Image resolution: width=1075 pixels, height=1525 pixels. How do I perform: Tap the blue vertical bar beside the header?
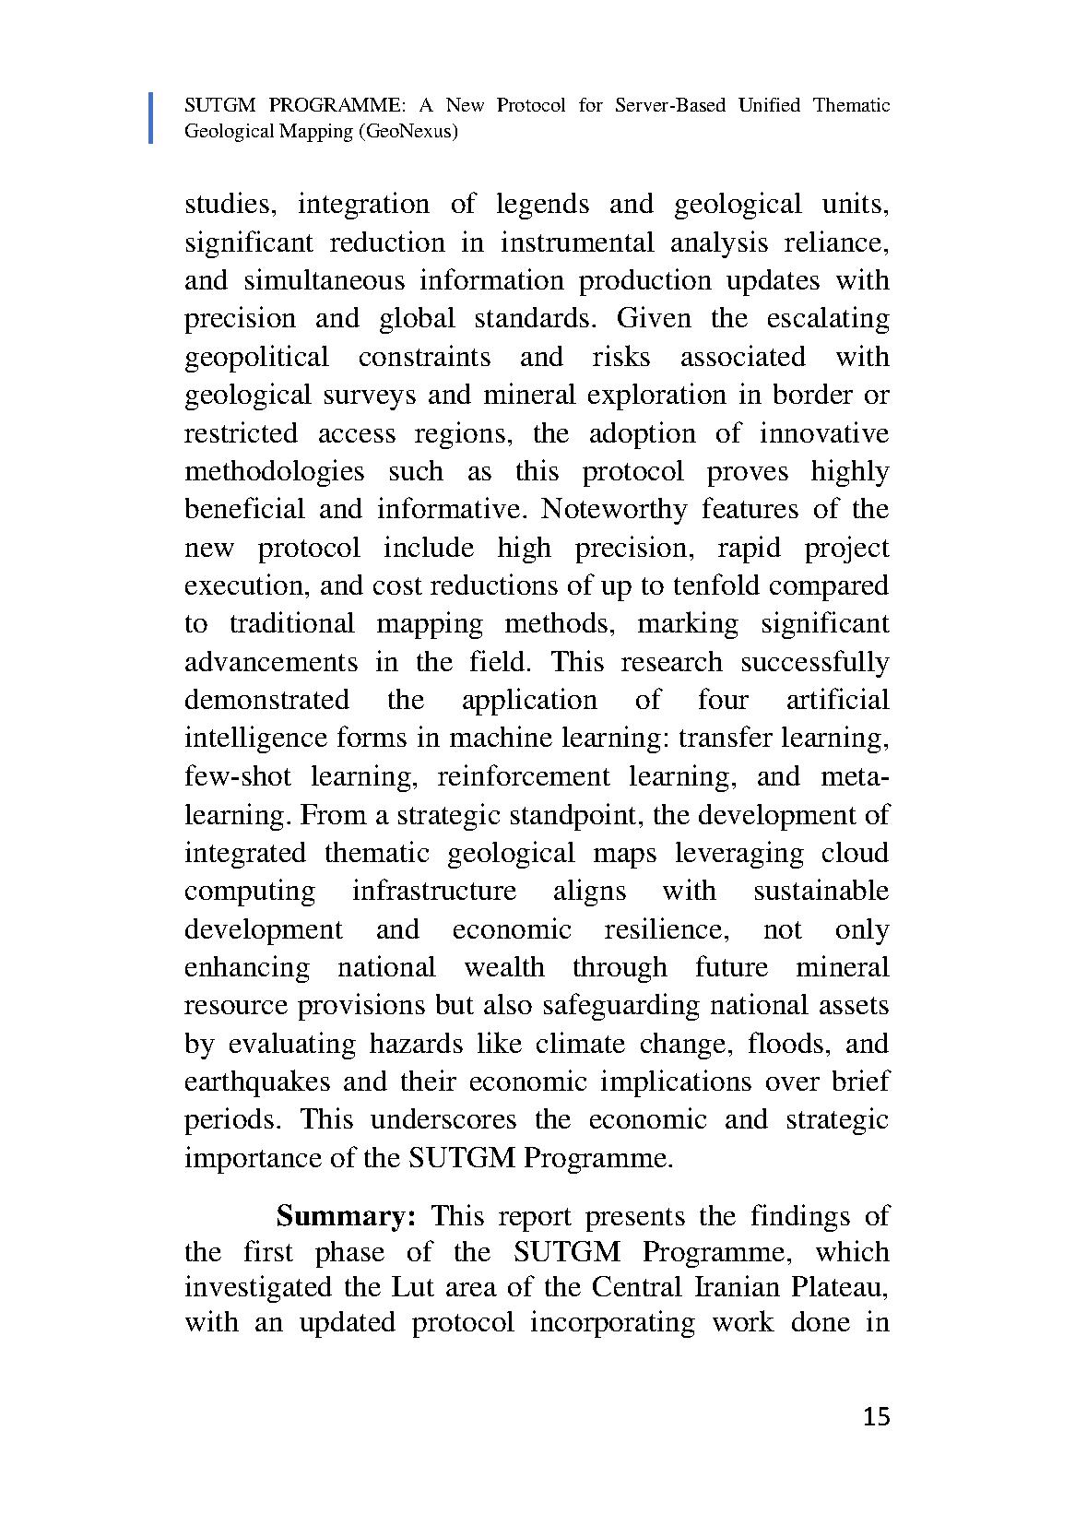click(x=151, y=118)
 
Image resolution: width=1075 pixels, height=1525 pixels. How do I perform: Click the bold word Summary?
click(x=348, y=1216)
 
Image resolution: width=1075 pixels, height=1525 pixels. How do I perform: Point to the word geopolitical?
click(x=256, y=357)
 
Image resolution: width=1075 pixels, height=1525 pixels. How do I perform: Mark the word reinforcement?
click(x=523, y=776)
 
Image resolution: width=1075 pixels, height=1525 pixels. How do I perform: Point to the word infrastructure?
click(x=433, y=891)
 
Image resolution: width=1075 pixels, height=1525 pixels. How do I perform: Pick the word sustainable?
click(x=821, y=891)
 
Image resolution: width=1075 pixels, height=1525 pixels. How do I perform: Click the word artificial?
click(x=837, y=700)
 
